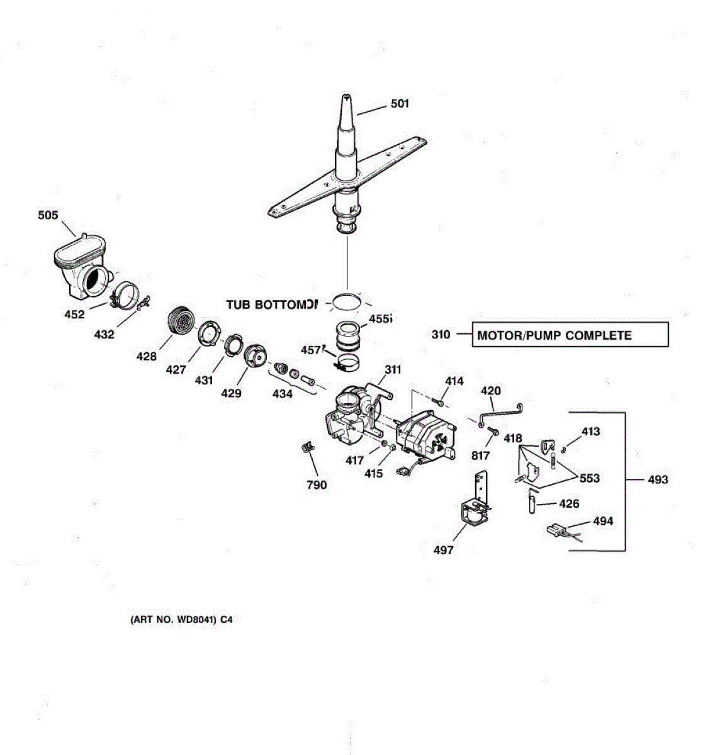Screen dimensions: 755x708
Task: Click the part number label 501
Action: click(x=400, y=103)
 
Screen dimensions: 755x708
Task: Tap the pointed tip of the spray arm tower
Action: click(x=346, y=98)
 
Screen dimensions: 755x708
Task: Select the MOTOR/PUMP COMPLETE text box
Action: click(x=570, y=335)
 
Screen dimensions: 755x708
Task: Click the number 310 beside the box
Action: click(x=441, y=334)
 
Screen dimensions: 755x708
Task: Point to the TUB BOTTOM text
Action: click(x=272, y=305)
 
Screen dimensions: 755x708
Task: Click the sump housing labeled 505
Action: click(x=80, y=267)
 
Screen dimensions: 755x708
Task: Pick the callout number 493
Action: click(x=658, y=480)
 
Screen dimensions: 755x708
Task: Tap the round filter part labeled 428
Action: click(x=181, y=323)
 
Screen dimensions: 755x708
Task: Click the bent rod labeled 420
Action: click(x=500, y=415)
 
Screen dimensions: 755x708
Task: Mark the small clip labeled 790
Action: click(x=306, y=447)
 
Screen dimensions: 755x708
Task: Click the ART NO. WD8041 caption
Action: click(x=181, y=620)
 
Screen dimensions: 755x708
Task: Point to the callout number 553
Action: click(x=589, y=478)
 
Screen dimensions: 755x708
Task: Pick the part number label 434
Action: click(x=283, y=394)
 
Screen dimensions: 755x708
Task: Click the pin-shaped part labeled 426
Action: click(x=532, y=502)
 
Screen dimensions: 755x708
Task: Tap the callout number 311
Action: click(x=393, y=369)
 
